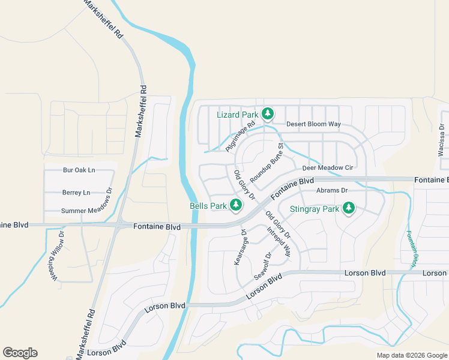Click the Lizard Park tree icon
pos(267,113)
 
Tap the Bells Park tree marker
pos(236,206)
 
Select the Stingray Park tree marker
pos(348,209)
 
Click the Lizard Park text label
pos(237,115)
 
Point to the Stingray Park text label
pos(314,209)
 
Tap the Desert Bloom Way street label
pos(313,124)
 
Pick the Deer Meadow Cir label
pos(327,168)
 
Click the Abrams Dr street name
pos(332,190)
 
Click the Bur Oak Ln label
pos(79,170)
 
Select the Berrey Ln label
pos(76,193)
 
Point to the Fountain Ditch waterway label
pos(412,250)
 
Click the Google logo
pos(20,353)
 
